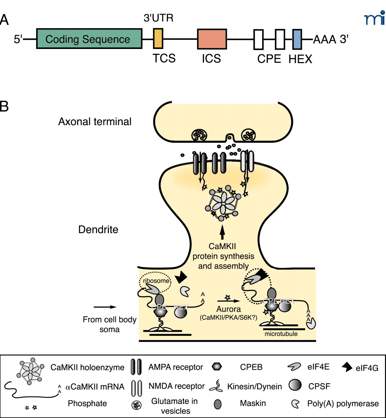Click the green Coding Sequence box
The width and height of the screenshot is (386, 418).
(89, 39)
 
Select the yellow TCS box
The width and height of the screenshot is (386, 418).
(158, 39)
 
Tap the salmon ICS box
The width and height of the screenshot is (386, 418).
(212, 39)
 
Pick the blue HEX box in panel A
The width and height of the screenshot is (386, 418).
(297, 39)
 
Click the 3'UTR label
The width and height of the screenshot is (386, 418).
(158, 18)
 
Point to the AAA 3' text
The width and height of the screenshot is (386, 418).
(331, 40)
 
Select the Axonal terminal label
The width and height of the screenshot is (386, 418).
(95, 121)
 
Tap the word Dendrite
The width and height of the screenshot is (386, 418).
(98, 230)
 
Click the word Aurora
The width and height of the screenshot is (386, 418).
(228, 309)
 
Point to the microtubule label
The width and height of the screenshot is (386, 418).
(281, 334)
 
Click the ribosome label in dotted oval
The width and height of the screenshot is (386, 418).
(156, 281)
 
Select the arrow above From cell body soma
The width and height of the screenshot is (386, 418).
(105, 307)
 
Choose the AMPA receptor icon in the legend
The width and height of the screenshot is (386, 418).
(136, 367)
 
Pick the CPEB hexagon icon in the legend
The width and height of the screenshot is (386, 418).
(217, 367)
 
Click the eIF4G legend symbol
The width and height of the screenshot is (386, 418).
(347, 367)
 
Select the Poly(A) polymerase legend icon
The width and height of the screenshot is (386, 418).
(295, 404)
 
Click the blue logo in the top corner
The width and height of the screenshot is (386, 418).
(374, 18)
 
